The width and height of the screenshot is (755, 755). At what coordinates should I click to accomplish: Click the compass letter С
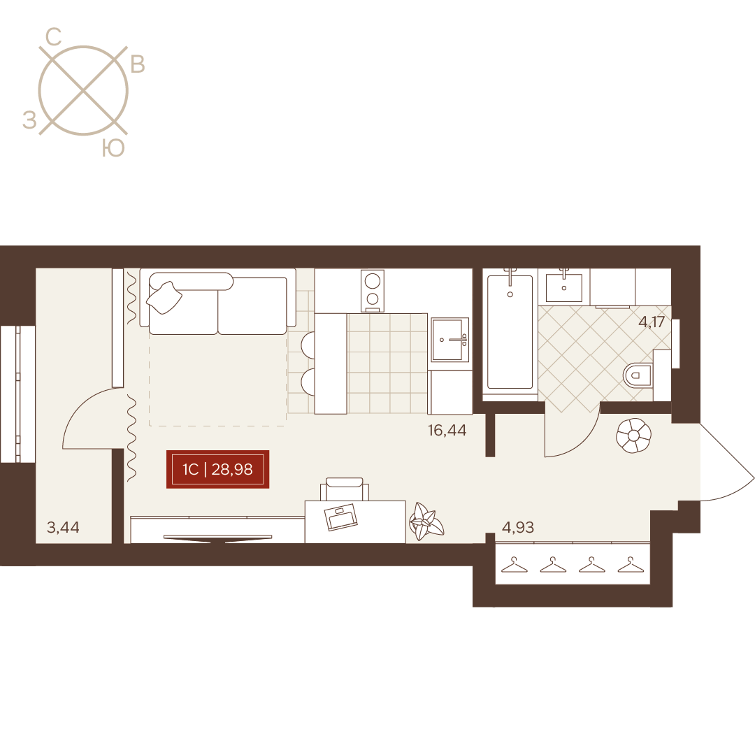point(53,37)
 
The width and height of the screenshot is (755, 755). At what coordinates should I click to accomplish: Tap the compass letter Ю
point(114,149)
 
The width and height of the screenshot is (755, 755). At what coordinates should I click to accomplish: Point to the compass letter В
point(138,64)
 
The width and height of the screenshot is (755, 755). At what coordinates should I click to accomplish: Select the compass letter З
point(30,120)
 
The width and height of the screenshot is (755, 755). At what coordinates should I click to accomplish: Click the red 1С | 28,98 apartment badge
point(217,469)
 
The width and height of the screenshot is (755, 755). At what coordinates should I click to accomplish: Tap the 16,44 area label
point(447,430)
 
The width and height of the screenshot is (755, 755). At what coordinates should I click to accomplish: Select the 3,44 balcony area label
point(63,527)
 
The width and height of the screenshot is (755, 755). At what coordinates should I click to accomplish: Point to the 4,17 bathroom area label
point(652,322)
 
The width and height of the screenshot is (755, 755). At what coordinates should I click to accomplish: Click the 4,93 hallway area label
point(518,527)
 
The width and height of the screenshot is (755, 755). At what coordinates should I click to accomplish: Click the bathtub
point(510,332)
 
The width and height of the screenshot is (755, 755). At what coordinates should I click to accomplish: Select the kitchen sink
point(450,340)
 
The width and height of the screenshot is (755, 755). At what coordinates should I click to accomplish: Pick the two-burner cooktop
point(372,291)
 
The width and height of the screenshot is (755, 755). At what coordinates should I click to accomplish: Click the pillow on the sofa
point(164,298)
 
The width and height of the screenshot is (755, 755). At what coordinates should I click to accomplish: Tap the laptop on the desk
point(341,517)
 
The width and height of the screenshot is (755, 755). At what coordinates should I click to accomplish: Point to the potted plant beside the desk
point(426,522)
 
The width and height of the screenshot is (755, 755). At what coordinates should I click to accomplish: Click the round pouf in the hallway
point(633,436)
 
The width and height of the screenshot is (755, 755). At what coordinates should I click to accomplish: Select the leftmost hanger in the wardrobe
point(515,565)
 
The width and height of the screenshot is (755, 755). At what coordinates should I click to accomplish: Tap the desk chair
point(344,489)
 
